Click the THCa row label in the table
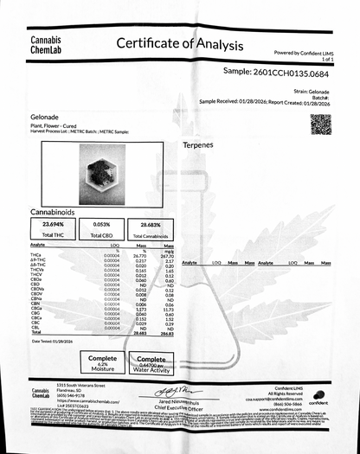point(35,256)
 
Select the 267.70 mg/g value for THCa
point(170,256)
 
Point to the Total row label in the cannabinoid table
point(35,333)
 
